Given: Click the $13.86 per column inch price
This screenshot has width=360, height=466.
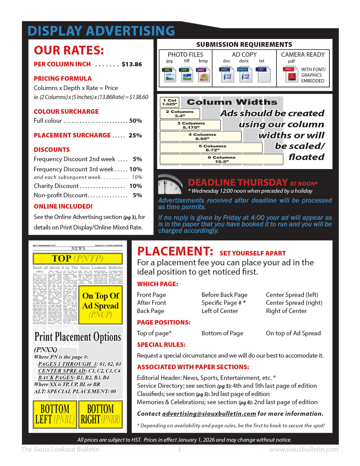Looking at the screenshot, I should (132, 64).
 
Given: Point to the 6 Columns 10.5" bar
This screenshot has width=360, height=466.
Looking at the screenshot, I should (221, 159).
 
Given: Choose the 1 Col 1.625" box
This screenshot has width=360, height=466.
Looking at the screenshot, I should (169, 102).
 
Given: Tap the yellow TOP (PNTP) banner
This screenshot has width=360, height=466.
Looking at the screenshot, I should (78, 259).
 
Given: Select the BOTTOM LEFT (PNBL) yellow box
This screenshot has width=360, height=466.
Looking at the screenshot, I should (55, 414).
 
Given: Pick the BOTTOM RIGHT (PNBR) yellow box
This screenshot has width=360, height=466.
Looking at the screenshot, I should (101, 414).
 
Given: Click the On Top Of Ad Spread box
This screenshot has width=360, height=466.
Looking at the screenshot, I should (101, 305).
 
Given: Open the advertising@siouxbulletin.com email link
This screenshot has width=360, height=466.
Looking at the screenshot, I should (209, 414).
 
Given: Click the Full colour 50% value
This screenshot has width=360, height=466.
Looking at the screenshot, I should (136, 121).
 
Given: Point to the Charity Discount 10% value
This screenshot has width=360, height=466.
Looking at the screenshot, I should (136, 186).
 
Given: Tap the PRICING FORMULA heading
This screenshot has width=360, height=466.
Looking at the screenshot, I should (63, 79).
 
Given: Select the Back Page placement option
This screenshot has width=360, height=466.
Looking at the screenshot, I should (150, 311).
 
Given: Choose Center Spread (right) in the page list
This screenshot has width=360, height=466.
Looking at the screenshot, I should (294, 303).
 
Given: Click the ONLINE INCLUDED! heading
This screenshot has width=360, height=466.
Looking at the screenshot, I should (63, 207).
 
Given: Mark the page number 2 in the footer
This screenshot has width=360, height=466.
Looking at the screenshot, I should (179, 450).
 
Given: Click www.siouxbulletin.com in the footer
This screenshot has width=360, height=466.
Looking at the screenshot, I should (304, 450).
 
